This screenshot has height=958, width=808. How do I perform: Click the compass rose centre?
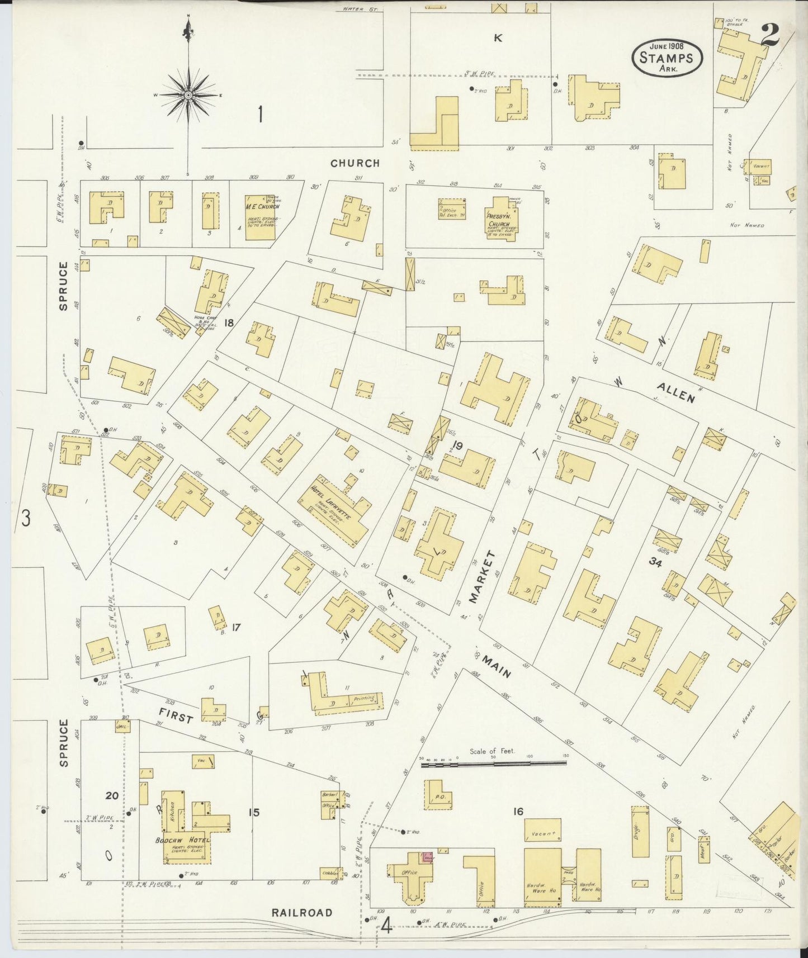(x=189, y=95)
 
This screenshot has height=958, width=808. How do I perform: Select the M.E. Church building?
(x=260, y=218)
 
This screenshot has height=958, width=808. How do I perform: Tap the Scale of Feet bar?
(x=493, y=762)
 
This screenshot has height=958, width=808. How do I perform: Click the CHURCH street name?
(x=355, y=163)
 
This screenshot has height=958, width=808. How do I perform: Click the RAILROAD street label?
(x=302, y=912)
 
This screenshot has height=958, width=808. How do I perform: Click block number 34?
(x=655, y=564)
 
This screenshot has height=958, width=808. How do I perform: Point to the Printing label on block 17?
(x=364, y=699)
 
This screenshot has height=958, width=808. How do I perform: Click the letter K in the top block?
(x=498, y=38)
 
